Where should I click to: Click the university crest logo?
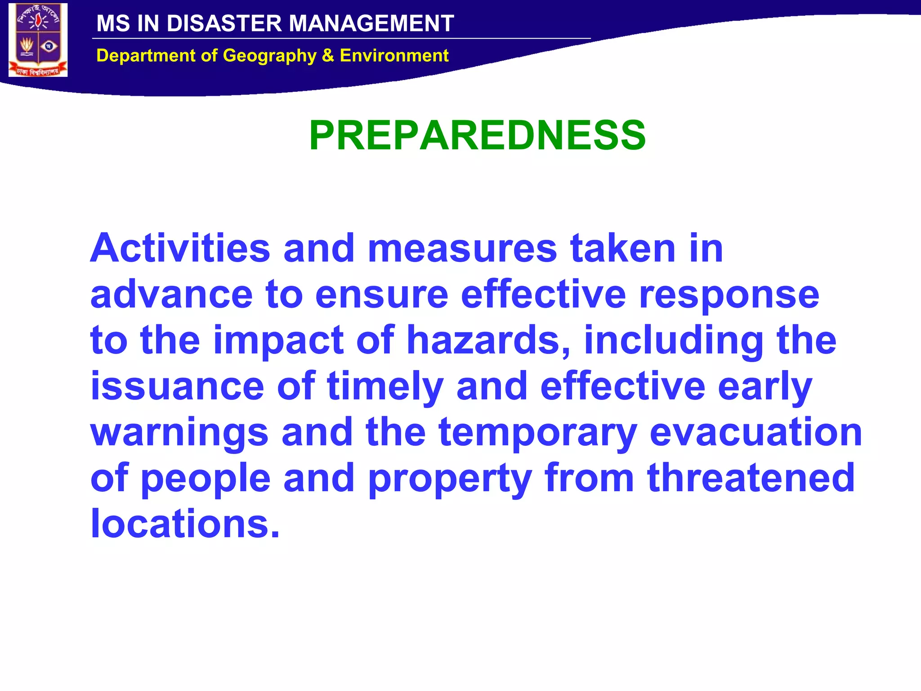tap(38, 40)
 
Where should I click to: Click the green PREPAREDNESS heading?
tap(477, 135)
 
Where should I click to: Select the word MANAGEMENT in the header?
tap(371, 23)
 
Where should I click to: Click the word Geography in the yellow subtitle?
tap(270, 56)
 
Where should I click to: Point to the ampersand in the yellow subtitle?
tap(328, 55)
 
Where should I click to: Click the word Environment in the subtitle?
tap(394, 55)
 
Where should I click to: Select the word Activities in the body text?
tap(180, 248)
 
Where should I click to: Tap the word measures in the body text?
tap(462, 248)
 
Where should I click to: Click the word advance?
tap(171, 295)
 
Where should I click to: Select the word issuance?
tap(177, 386)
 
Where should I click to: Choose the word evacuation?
tap(756, 432)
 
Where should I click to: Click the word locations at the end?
tap(185, 524)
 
